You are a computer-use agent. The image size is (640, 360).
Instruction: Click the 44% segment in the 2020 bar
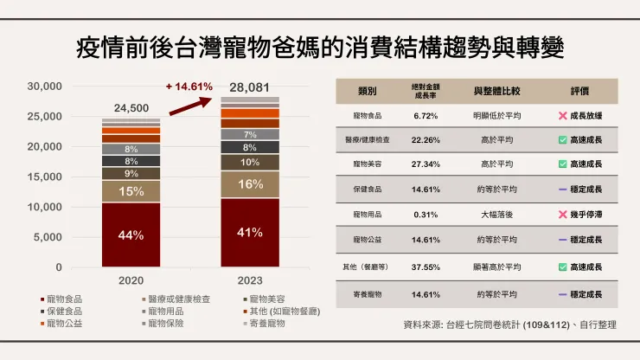[131, 235]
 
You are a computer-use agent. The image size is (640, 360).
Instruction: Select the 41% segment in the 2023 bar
[250, 232]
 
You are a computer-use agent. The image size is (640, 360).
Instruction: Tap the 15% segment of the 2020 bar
[131, 191]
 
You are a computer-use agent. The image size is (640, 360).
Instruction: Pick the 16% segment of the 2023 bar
[250, 184]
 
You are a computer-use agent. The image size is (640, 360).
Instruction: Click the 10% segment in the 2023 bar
[250, 162]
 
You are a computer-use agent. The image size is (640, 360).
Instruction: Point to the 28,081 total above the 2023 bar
[249, 87]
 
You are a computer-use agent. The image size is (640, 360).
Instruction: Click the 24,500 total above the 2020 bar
[131, 107]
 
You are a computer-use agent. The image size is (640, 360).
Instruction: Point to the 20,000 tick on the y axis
[44, 146]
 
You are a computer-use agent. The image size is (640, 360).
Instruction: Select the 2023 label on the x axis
[250, 281]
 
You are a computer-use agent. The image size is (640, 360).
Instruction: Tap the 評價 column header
[579, 91]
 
